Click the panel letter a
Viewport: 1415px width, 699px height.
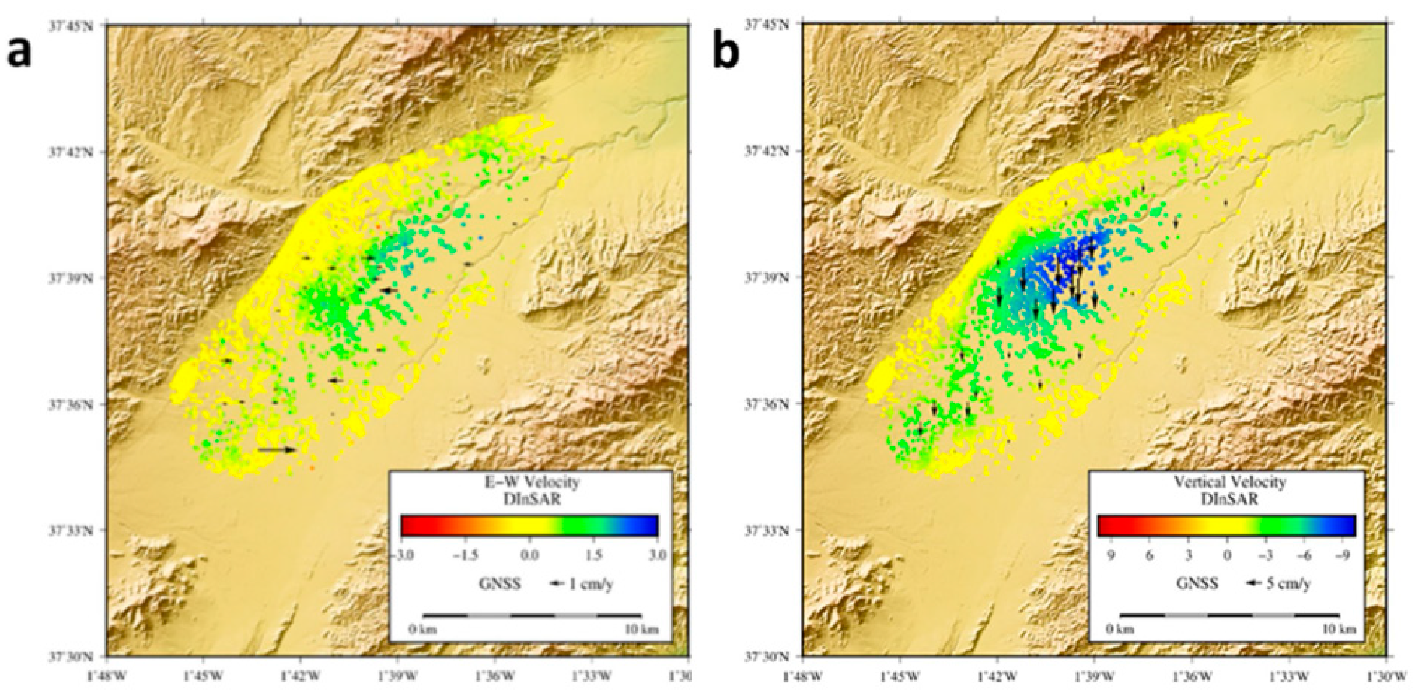(x=19, y=53)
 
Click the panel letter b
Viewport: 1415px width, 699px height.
(x=726, y=53)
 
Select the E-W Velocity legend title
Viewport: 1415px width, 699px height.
(x=532, y=483)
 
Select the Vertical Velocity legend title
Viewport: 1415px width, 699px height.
(x=1229, y=483)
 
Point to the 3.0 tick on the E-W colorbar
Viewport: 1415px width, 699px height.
(x=658, y=555)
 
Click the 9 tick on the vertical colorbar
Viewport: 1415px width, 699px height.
(x=1110, y=555)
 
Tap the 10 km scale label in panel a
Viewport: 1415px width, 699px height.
(x=642, y=629)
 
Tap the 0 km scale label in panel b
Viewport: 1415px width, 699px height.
(x=1120, y=629)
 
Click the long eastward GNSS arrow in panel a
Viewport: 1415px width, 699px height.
(x=277, y=449)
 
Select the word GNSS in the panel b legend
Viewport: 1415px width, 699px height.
(x=1197, y=584)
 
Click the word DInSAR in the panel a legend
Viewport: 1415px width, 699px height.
(x=532, y=499)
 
